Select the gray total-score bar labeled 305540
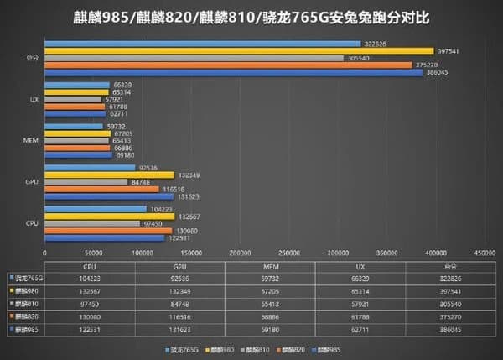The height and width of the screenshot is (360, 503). coord(194,58)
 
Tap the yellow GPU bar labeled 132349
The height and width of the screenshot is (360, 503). coord(108,175)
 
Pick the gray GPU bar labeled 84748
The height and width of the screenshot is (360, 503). coord(85,182)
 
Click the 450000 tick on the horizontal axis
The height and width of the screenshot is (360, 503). coord(484,252)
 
